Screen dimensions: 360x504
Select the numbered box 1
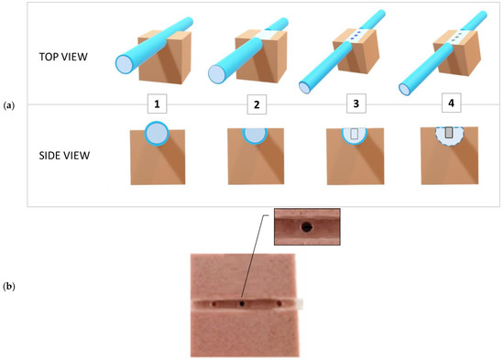click(159, 104)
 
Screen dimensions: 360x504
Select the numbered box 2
click(257, 104)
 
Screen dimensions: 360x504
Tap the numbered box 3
click(355, 104)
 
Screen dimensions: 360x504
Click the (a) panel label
click(9, 105)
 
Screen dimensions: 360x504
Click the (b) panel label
click(9, 287)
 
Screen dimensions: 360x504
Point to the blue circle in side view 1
click(158, 133)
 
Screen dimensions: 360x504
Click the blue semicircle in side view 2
click(257, 132)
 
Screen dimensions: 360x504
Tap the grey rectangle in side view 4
click(448, 134)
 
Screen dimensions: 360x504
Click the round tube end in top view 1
click(126, 63)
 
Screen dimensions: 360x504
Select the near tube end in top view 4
click(404, 88)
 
